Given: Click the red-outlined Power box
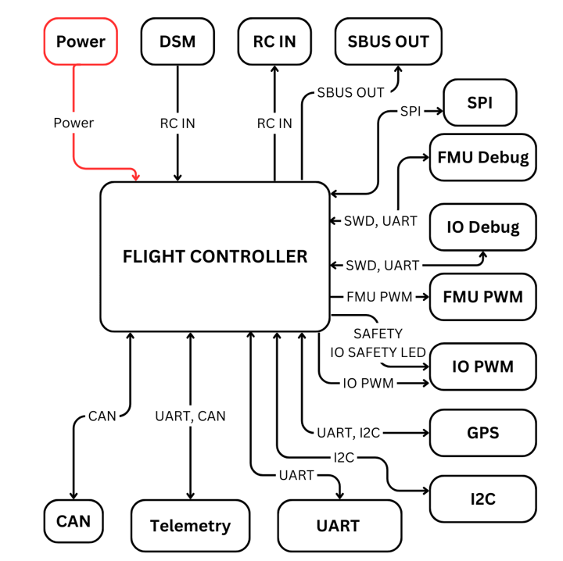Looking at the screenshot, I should pos(81,41).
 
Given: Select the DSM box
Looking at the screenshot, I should pos(178,41).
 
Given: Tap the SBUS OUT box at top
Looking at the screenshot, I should pos(388,41).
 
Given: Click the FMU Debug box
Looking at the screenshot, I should pos(482,157).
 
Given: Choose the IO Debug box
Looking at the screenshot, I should pos(482,227).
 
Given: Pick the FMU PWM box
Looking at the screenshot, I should pos(482,297).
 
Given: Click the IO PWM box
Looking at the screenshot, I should pos(482,365).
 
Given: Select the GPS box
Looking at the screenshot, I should pos(482,432).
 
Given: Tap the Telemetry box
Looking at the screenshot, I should pos(190,526).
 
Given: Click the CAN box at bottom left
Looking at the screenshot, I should pos(74,520).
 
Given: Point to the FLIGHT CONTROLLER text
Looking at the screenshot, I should pos(215,256).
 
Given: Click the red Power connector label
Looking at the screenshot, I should pos(74,123).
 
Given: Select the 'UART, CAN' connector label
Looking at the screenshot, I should pos(190,416).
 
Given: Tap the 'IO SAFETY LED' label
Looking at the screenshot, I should pos(378,352).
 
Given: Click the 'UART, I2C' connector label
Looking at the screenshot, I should pos(348,432).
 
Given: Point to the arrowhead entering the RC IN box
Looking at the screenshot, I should pos(274,70).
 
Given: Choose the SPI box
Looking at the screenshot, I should pos(479,103).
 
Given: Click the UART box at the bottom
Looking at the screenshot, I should pos(339,526).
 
